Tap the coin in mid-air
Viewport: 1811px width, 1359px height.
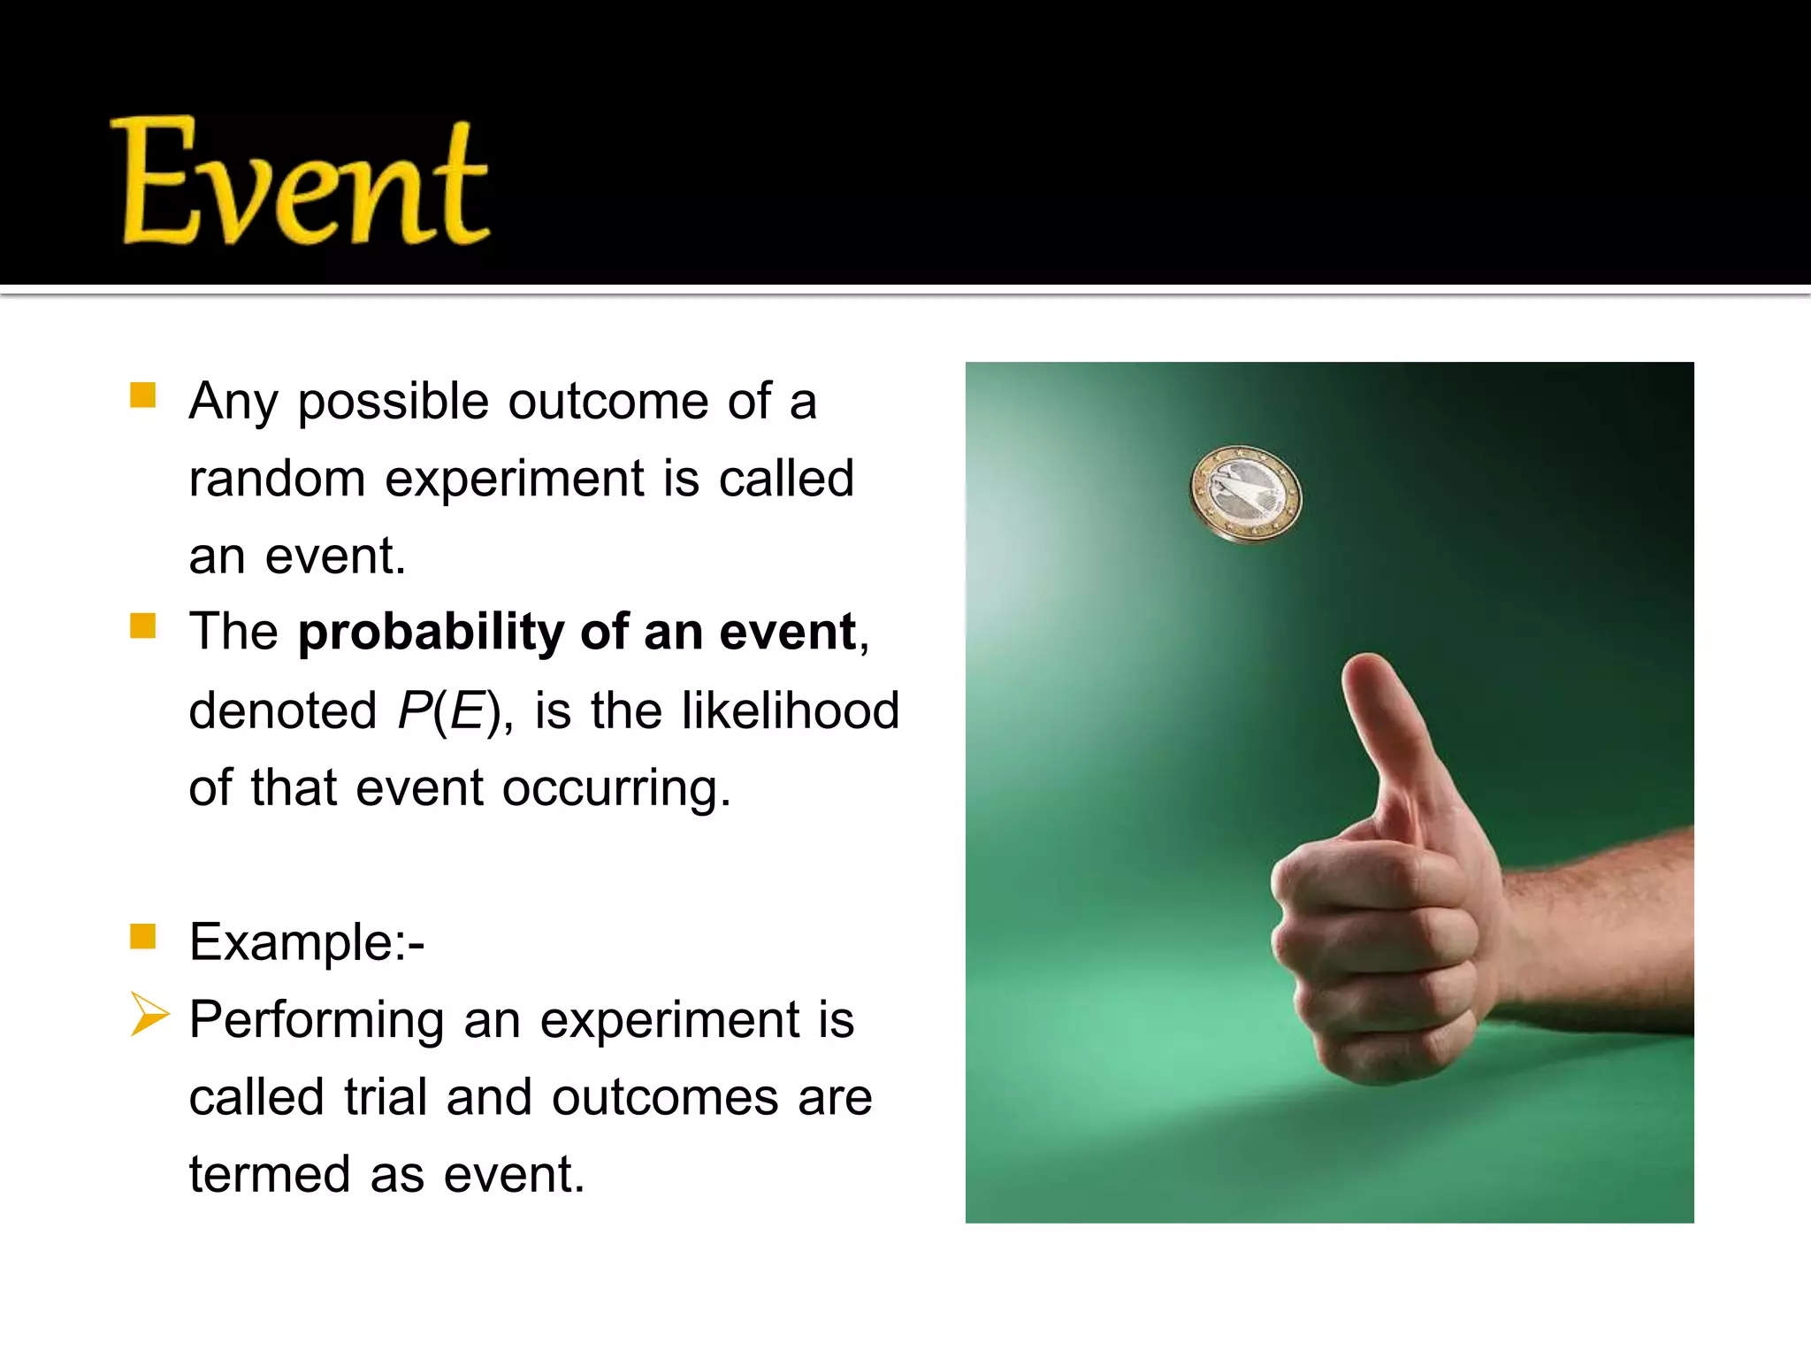coord(1246,494)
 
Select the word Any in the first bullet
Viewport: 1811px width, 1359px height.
coord(233,403)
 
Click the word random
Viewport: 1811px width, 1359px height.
coord(277,480)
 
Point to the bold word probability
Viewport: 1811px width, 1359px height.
coord(431,633)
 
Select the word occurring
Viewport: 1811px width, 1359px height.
coord(616,788)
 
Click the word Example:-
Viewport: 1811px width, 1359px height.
coord(307,942)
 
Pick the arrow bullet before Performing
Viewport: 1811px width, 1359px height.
coord(149,1014)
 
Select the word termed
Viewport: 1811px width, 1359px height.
coord(270,1175)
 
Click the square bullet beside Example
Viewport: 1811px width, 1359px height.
coord(142,936)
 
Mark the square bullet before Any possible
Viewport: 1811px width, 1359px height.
coord(142,395)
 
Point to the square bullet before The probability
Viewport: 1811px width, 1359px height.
coord(142,626)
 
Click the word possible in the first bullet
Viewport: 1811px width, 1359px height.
coord(393,403)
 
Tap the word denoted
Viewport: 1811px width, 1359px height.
coord(283,710)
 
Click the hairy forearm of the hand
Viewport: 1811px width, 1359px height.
coord(1601,929)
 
